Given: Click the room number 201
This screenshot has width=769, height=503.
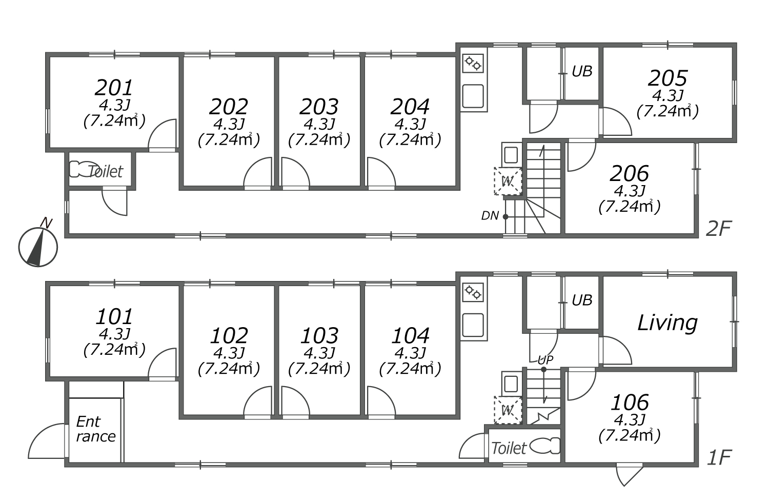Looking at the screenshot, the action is click(114, 88).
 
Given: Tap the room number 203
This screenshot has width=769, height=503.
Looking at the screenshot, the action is click(319, 107).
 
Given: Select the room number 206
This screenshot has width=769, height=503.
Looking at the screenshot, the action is click(629, 174).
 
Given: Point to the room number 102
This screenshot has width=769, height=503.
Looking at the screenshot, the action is click(229, 336).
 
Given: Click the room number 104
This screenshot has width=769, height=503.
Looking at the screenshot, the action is click(410, 336).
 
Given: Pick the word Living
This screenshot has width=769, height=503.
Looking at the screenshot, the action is click(667, 324).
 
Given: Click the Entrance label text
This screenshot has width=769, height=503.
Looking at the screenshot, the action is click(96, 429).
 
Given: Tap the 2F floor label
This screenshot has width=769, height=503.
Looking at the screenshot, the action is click(719, 229).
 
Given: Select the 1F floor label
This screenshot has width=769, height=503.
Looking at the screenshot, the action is click(719, 457).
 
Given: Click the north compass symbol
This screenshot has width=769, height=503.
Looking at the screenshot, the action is click(38, 246).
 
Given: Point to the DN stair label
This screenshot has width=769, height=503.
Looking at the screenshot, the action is click(490, 216).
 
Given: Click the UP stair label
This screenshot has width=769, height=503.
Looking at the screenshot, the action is click(545, 359).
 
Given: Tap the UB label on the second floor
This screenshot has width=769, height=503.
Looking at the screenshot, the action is click(582, 71).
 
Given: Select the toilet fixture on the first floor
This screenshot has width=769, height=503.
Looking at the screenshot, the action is click(545, 447).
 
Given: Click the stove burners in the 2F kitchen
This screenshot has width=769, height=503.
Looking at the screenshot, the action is click(473, 64).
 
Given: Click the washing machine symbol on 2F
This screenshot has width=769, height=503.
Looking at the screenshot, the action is click(508, 181).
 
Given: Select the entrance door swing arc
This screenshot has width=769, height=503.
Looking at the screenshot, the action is click(46, 441).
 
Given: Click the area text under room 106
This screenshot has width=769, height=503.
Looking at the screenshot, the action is click(629, 436).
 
